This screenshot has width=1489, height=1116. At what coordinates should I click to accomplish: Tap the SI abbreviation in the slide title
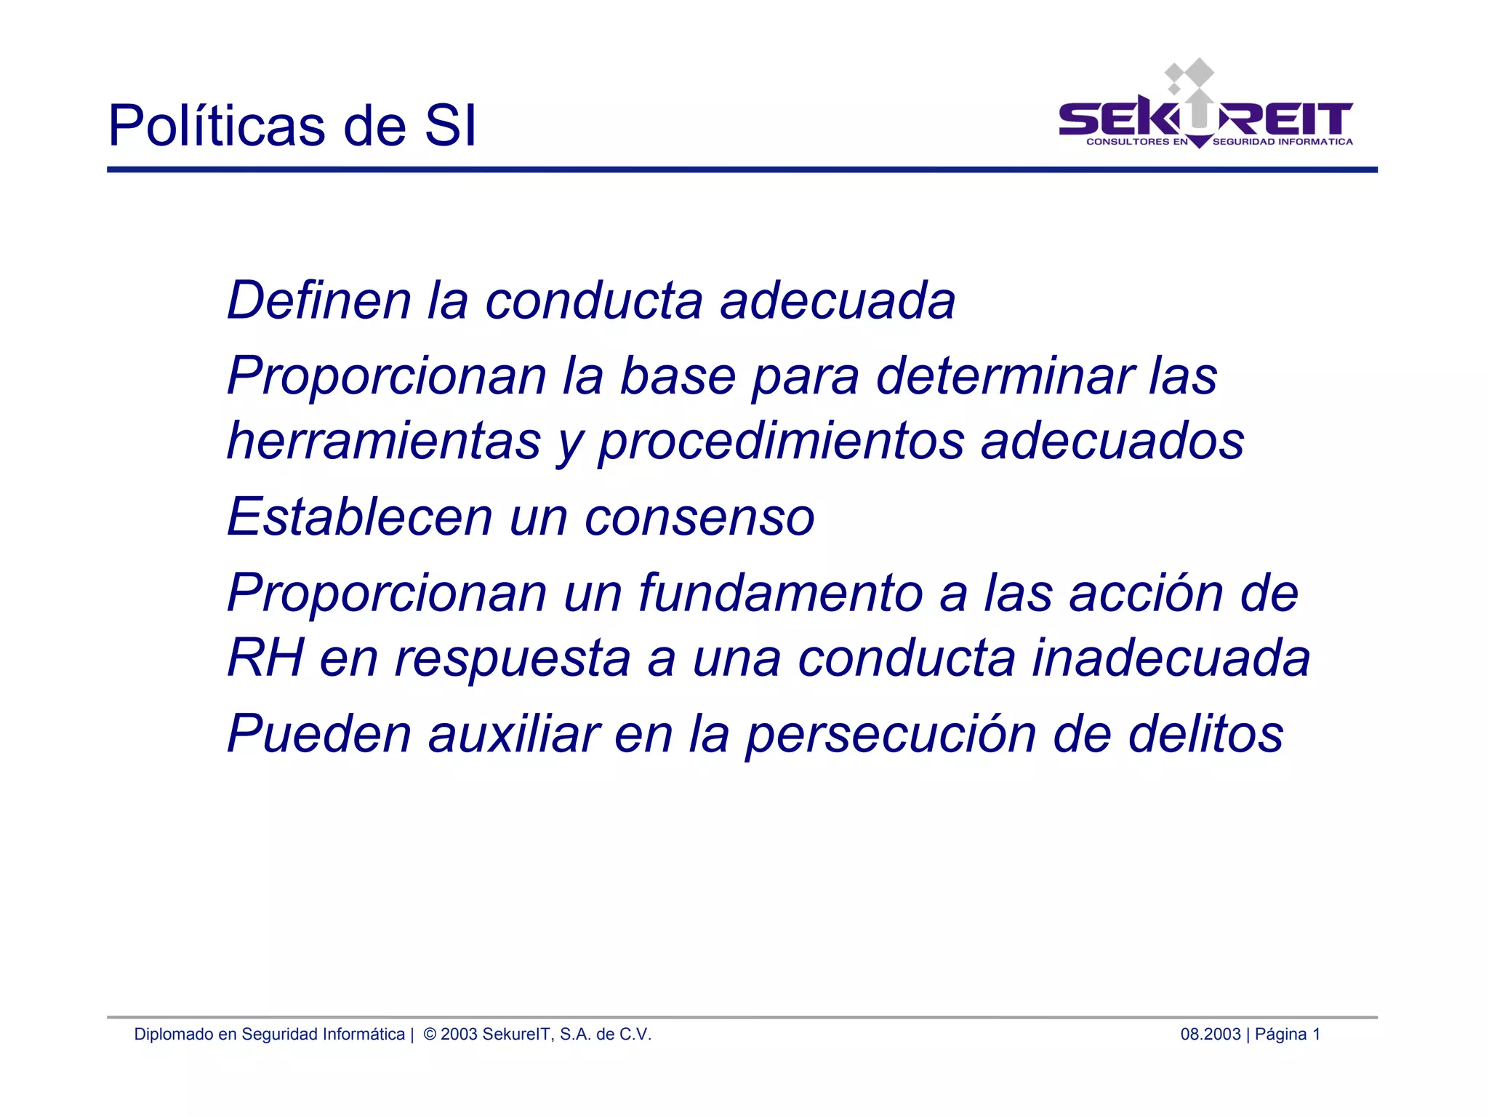[x=450, y=126]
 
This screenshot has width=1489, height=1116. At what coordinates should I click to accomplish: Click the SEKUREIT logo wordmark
[x=1205, y=119]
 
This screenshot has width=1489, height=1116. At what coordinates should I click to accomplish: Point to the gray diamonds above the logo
[x=1189, y=75]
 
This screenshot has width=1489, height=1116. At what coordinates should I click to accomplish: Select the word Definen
[x=319, y=300]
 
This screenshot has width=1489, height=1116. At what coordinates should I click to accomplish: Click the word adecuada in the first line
[x=837, y=300]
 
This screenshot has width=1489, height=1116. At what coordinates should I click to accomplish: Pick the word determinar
[x=1004, y=376]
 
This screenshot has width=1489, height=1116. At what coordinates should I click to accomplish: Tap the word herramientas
[x=384, y=441]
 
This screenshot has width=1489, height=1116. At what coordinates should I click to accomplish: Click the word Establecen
[x=360, y=517]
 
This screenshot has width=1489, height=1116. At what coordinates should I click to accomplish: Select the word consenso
[x=699, y=517]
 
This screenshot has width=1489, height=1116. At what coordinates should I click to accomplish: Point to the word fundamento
[x=780, y=593]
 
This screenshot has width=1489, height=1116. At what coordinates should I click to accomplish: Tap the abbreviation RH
[x=265, y=658]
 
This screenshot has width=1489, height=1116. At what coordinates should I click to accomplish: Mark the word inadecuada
[x=1171, y=658]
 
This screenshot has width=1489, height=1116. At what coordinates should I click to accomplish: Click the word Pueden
[x=319, y=733]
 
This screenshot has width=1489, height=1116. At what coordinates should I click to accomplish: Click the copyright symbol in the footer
[x=430, y=1034]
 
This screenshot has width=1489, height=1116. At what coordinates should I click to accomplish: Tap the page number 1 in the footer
[x=1316, y=1034]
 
